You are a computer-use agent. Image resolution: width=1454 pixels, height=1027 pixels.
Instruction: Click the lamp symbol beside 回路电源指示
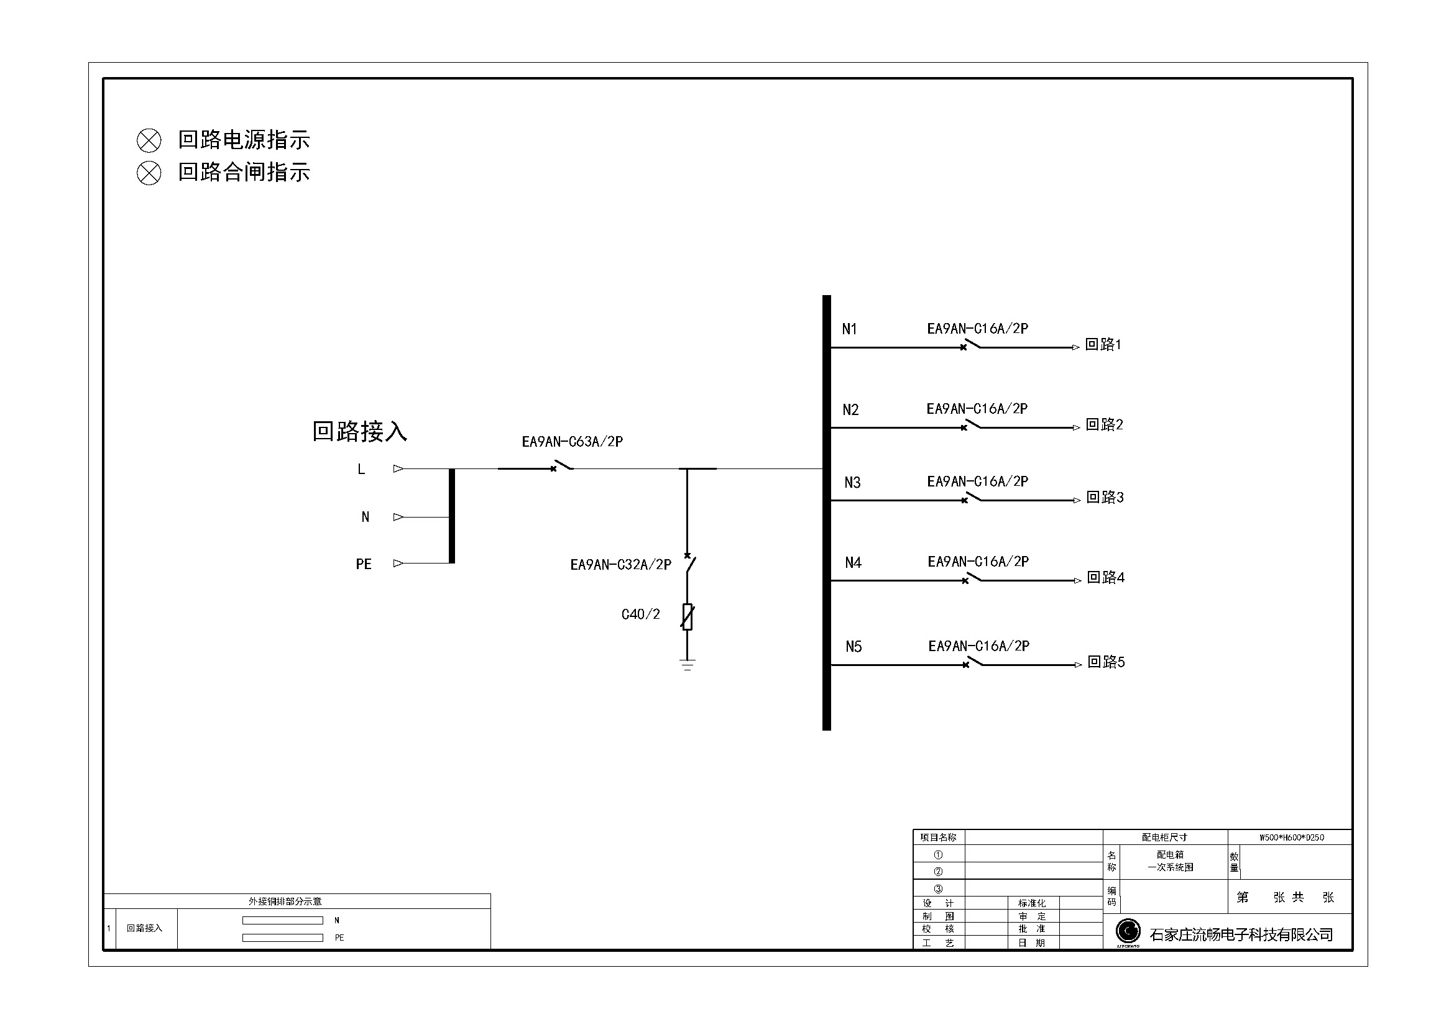[x=149, y=140]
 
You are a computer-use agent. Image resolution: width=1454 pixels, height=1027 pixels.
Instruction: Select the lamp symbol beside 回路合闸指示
[x=149, y=173]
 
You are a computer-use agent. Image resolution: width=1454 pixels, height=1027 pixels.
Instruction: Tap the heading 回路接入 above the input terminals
[x=359, y=432]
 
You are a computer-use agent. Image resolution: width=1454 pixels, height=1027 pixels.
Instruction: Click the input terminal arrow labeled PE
[x=398, y=563]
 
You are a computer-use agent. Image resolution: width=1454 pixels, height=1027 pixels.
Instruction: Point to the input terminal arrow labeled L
[x=398, y=469]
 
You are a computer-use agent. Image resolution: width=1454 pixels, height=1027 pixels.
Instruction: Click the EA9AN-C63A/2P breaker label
[x=573, y=442]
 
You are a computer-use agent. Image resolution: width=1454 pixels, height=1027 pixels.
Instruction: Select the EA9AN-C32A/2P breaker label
[x=620, y=564]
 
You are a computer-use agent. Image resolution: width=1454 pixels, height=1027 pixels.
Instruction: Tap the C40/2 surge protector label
[x=641, y=614]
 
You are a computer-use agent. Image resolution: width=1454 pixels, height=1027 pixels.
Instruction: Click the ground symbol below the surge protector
[x=688, y=665]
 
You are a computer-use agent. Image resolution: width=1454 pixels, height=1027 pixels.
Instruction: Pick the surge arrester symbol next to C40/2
[x=688, y=617]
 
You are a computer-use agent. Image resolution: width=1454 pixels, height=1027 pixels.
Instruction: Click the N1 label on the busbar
[x=849, y=329]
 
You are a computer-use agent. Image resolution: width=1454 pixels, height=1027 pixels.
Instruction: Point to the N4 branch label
[x=853, y=562]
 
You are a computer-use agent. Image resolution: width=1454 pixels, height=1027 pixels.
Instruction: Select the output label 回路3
[x=1105, y=498]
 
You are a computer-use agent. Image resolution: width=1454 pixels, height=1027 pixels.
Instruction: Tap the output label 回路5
[x=1107, y=662]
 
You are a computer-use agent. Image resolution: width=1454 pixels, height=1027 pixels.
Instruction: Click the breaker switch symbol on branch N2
[x=971, y=425]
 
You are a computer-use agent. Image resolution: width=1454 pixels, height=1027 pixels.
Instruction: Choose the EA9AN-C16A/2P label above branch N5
[x=979, y=646]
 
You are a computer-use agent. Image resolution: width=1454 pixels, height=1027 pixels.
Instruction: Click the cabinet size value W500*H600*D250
[x=1291, y=837]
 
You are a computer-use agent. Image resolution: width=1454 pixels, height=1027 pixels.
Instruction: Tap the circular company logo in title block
[x=1128, y=931]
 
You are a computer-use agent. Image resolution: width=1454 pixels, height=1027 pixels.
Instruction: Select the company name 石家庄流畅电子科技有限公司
[x=1241, y=934]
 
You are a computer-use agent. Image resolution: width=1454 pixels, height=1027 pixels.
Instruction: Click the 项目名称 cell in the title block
[x=938, y=837]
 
